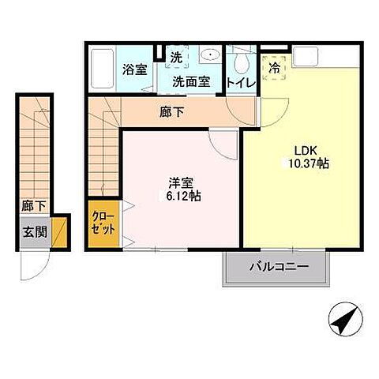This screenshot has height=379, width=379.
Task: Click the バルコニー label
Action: (x=276, y=268)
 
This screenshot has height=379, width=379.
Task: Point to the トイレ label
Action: (x=239, y=81)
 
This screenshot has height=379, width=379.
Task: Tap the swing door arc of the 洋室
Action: (x=226, y=142)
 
